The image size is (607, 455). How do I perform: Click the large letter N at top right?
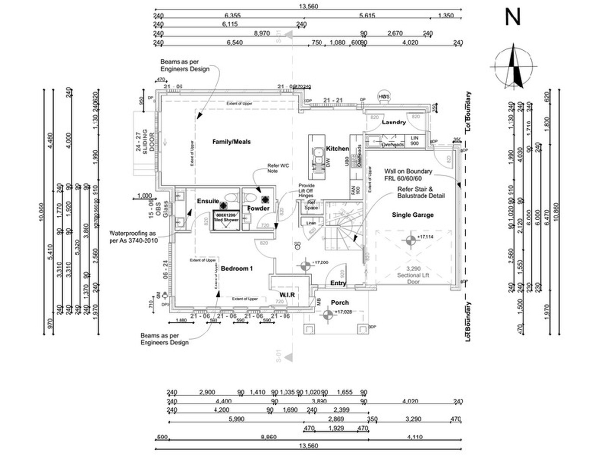[512, 17]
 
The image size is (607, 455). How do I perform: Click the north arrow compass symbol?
[514, 67]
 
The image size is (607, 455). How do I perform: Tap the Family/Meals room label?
[232, 142]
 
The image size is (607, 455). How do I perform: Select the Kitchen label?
[337, 149]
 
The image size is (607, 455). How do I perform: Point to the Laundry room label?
[394, 122]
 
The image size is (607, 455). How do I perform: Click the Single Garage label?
[412, 214]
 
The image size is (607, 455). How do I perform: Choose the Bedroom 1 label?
[237, 269]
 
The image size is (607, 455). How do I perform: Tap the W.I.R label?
[287, 295]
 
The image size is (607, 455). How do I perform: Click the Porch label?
[339, 302]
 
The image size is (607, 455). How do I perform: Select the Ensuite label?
[208, 201]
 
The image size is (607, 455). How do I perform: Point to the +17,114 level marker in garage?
[411, 240]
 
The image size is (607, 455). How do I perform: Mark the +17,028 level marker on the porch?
[328, 314]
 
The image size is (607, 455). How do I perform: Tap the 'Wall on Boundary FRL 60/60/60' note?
[408, 175]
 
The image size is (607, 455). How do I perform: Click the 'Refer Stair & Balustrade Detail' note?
[421, 192]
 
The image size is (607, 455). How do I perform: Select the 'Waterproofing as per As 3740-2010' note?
[133, 237]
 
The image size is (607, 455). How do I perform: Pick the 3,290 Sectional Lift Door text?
[413, 275]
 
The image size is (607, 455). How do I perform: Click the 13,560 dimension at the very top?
[308, 6]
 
